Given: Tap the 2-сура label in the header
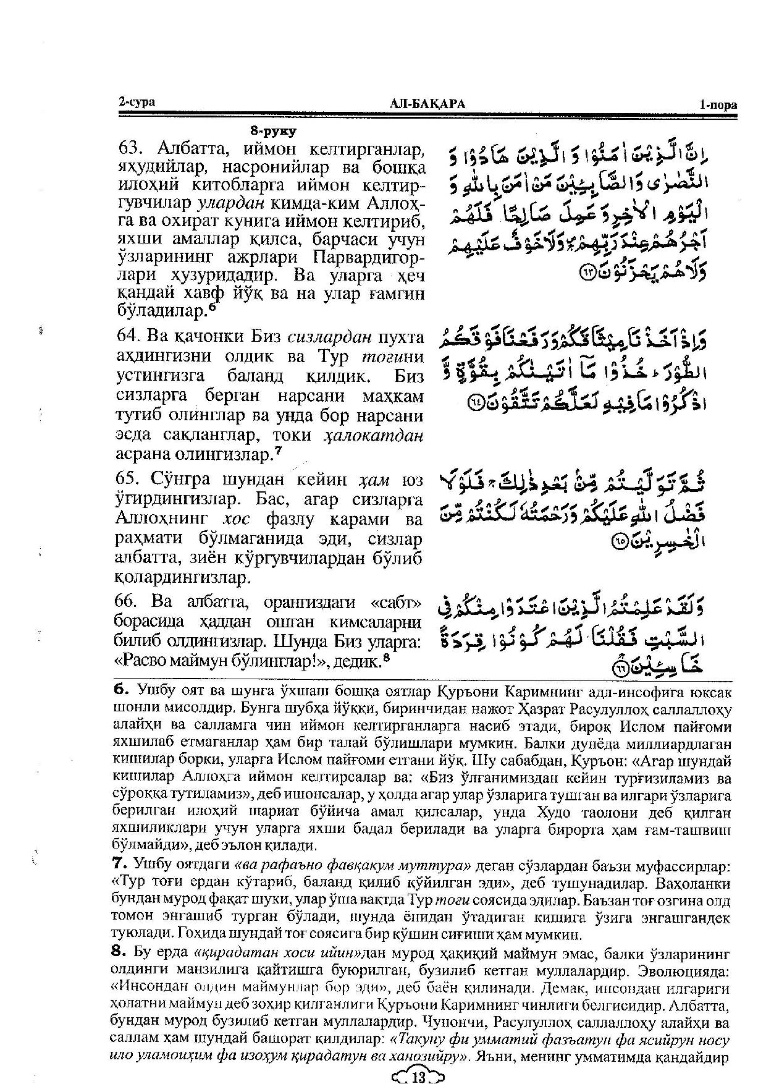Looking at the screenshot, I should [136, 103].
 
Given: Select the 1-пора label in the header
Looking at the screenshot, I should [718, 105].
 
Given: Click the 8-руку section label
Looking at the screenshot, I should [273, 131].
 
